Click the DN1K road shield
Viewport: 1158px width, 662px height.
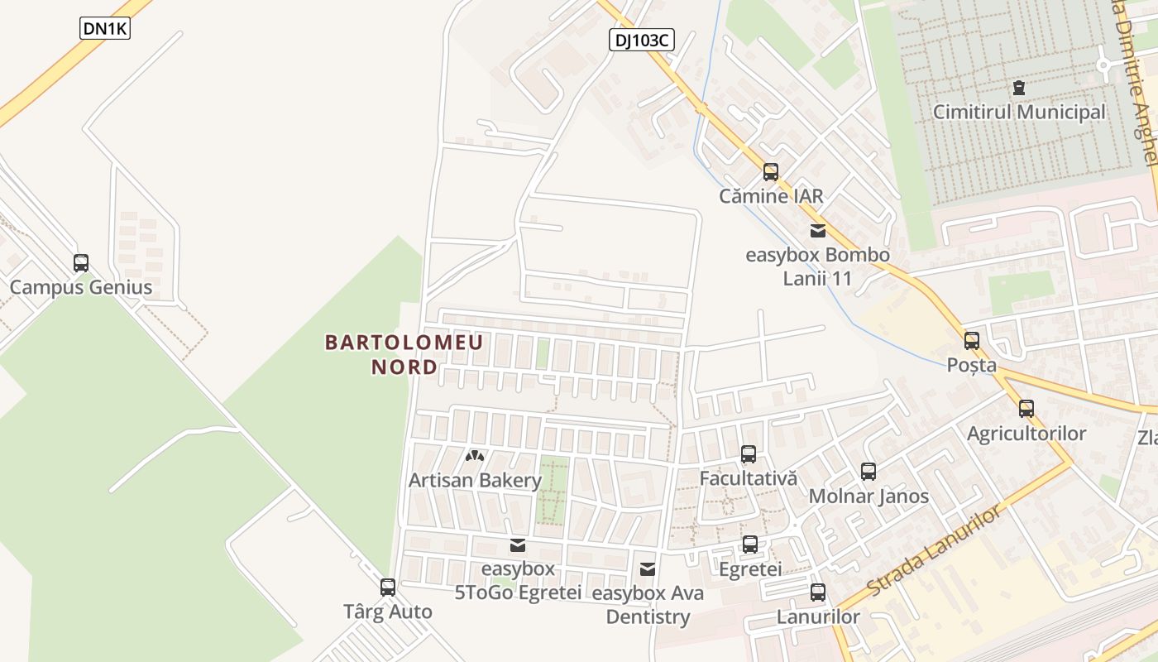(x=106, y=28)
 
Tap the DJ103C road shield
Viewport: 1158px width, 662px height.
(x=641, y=39)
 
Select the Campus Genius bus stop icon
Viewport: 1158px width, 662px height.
(x=81, y=263)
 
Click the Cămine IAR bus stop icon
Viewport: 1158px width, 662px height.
(x=771, y=172)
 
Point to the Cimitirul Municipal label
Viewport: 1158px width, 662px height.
(x=1019, y=112)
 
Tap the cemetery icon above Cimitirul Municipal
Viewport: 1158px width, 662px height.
(x=1019, y=87)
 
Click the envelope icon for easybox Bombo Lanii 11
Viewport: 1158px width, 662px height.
(x=818, y=231)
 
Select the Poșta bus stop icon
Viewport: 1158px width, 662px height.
(x=972, y=340)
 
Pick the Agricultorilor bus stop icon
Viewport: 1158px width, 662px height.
(x=1026, y=408)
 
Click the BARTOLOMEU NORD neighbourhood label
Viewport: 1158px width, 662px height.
(x=404, y=354)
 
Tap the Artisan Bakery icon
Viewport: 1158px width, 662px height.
(x=475, y=455)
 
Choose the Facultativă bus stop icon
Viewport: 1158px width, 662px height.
(x=749, y=453)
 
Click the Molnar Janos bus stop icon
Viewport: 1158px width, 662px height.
(x=868, y=472)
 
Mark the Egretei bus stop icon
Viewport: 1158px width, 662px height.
(x=750, y=544)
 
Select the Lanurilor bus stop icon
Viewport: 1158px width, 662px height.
(x=818, y=592)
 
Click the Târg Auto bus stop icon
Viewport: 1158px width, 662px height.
(x=388, y=588)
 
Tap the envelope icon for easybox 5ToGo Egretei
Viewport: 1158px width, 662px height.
(x=518, y=545)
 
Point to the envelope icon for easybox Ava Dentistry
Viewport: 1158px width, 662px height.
(x=648, y=569)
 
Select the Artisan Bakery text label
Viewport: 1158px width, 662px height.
(x=475, y=480)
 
